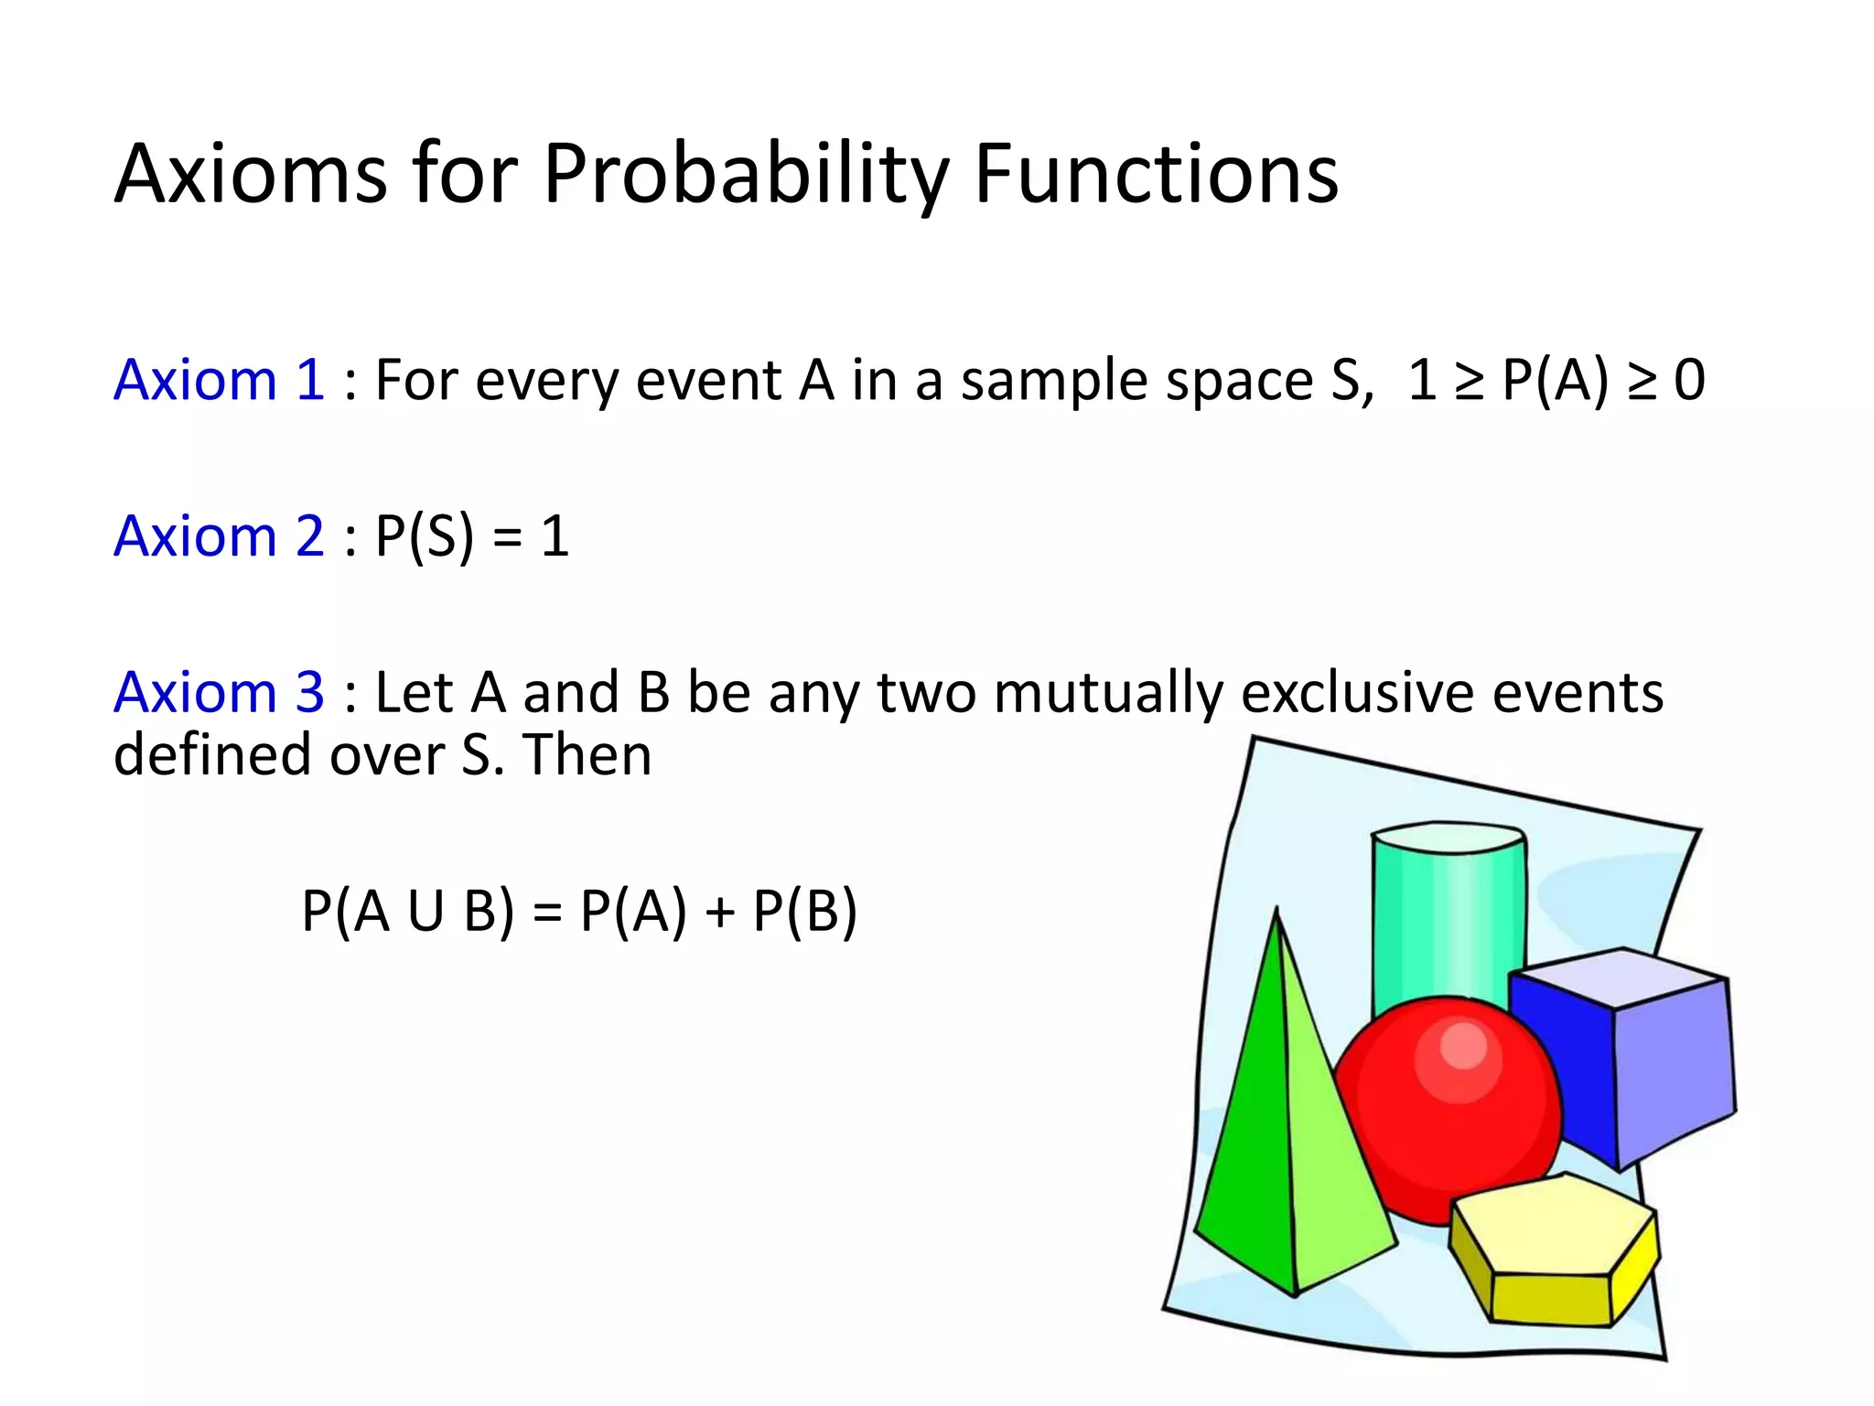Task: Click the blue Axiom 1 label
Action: point(219,380)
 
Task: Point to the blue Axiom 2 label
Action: point(219,535)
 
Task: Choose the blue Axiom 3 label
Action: point(219,692)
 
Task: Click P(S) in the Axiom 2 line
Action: point(425,536)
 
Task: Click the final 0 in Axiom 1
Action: point(1689,381)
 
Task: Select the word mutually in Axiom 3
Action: point(1108,693)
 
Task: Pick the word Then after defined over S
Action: point(587,755)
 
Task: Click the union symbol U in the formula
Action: point(425,912)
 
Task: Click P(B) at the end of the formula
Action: point(805,912)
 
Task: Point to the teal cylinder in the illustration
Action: point(1446,915)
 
